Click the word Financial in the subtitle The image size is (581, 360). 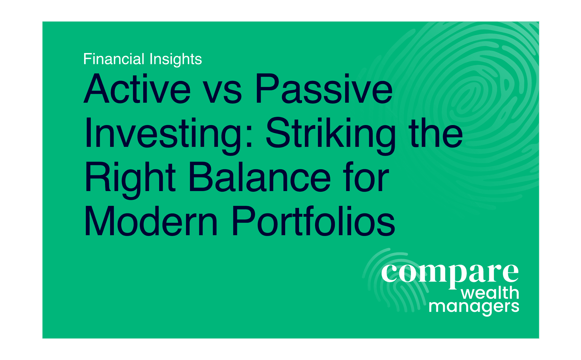pos(114,59)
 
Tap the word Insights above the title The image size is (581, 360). pos(176,59)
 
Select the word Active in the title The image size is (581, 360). pos(137,89)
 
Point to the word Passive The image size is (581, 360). pos(324,89)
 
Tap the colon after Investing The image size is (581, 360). pos(249,137)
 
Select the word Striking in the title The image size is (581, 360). pos(331,136)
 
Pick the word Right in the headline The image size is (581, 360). pos(130,180)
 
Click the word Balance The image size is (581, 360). pos(260,177)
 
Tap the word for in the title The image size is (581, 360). pos(366,177)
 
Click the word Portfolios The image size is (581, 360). pos(313,221)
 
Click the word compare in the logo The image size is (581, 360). pos(450,275)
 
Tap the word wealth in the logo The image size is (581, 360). pos(490,293)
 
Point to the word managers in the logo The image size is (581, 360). pos(474,307)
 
